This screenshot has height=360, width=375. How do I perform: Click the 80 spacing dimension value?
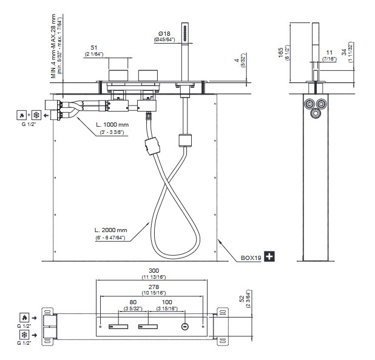click(133, 301)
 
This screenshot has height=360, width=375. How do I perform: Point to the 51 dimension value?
click(94, 47)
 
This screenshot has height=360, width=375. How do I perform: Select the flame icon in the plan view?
click(24, 317)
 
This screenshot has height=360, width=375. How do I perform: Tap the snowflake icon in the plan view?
click(24, 335)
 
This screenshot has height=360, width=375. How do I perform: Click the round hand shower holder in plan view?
click(184, 328)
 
